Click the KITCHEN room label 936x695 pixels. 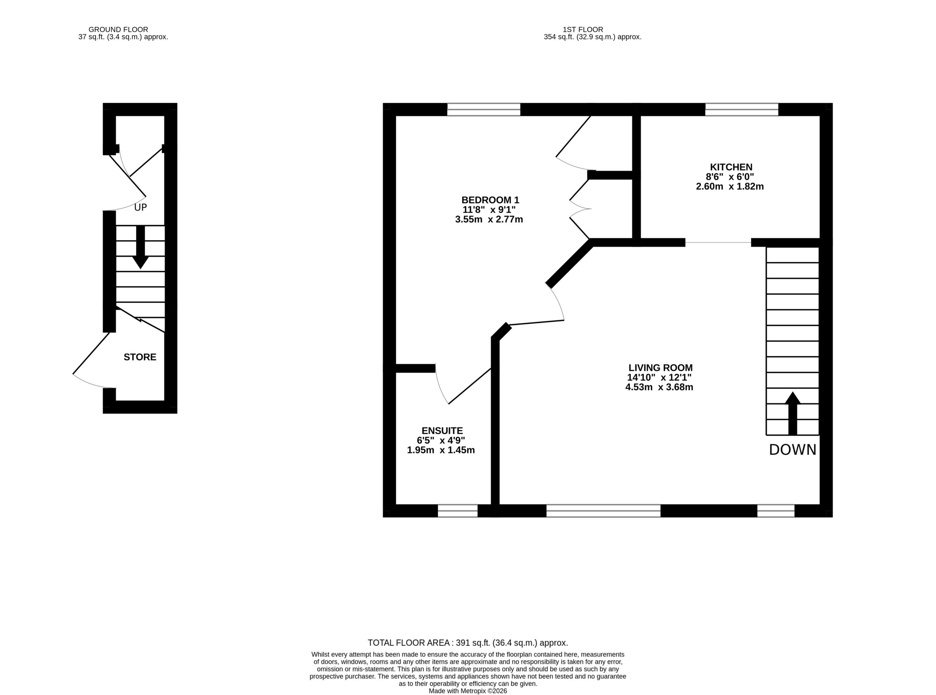click(731, 167)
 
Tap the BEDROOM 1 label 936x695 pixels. click(490, 200)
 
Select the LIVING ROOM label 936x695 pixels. click(660, 368)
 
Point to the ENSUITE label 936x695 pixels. click(442, 430)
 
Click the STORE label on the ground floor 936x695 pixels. click(140, 357)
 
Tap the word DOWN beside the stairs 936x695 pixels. click(792, 450)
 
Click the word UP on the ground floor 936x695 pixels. click(140, 208)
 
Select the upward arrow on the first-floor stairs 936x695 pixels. click(792, 413)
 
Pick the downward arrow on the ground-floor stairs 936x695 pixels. click(140, 247)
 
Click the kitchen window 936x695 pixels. click(741, 109)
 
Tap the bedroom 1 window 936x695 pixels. click(484, 109)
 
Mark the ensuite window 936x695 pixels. click(457, 511)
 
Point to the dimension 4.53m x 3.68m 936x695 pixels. click(659, 387)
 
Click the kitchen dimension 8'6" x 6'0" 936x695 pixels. click(730, 177)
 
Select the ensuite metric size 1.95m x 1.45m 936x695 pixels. click(441, 450)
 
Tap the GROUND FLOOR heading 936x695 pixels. click(118, 30)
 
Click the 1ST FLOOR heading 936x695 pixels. click(583, 30)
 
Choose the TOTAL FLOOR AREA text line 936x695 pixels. click(468, 643)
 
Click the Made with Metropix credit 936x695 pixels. click(468, 691)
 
